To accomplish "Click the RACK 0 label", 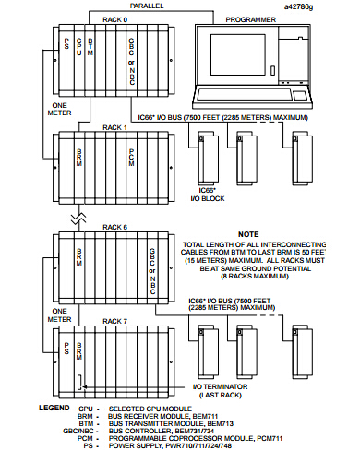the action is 114,19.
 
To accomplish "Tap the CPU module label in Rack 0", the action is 79,47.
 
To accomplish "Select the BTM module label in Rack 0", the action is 90,47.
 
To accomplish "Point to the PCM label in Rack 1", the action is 131,158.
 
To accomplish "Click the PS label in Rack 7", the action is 66,349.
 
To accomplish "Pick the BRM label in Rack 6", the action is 79,257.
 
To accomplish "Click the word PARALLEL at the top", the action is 147,6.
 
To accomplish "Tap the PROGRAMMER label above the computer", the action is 251,19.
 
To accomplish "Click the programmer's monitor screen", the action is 238,54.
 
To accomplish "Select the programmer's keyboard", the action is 245,94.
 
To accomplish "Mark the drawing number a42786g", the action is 298,6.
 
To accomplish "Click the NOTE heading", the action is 248,234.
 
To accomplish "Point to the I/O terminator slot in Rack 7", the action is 79,382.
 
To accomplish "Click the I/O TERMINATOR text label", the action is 220,386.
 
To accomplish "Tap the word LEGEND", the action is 54,408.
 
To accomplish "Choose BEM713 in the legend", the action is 221,423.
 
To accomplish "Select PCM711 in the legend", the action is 269,438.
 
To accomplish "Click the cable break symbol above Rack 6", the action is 78,219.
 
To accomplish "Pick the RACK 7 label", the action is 114,321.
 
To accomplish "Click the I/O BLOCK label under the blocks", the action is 208,199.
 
